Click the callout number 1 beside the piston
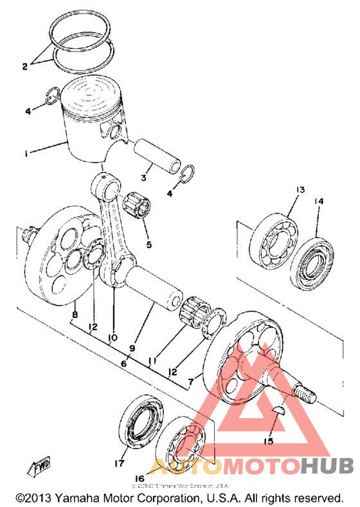(25, 154)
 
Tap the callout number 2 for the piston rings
(25, 66)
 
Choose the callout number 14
(319, 201)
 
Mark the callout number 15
(267, 441)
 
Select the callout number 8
(75, 315)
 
